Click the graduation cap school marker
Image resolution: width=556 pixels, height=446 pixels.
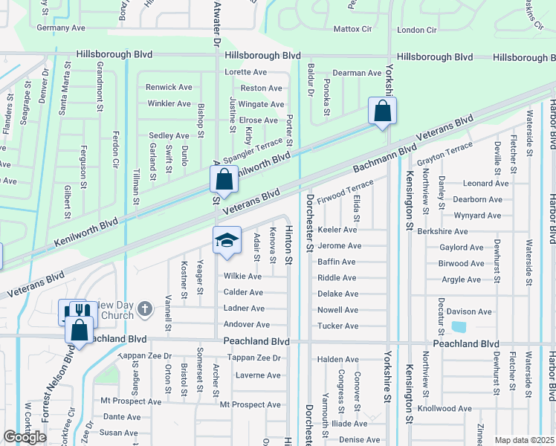tap(227, 240)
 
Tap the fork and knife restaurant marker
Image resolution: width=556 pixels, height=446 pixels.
tap(73, 311)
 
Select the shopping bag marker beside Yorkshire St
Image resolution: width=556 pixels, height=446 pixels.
tap(382, 111)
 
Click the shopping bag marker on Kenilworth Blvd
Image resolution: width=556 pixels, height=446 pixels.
tap(224, 178)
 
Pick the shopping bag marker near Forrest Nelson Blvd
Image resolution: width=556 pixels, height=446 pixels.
tap(80, 329)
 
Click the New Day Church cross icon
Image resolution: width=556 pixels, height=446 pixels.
tap(146, 308)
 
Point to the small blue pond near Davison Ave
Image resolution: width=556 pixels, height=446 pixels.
tap(459, 326)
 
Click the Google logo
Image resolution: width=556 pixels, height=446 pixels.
tap(25, 437)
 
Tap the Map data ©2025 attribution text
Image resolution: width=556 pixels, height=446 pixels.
tap(524, 440)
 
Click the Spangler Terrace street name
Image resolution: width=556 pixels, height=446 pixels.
tap(253, 151)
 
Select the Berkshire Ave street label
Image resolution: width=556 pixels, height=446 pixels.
tap(442, 231)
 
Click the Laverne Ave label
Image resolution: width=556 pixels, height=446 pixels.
tap(256, 375)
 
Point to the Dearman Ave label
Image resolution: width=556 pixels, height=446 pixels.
tap(356, 73)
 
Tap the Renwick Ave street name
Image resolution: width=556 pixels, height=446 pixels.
tap(169, 87)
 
